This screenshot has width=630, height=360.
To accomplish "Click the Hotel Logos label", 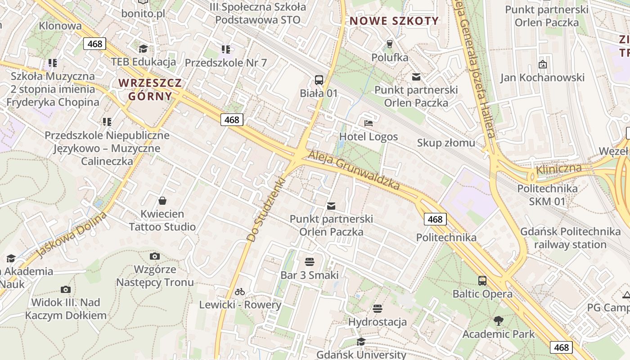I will tap(369, 137).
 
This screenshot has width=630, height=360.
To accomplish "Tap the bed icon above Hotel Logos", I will tap(369, 123).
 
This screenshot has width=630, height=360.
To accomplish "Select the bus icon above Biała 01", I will tap(319, 80).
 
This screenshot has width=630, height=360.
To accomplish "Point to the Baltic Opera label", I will tap(482, 294).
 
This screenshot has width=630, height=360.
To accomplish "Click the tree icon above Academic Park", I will tap(498, 321).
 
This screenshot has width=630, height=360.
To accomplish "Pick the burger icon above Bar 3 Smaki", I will tap(309, 261).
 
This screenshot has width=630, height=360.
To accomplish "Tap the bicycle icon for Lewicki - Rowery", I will tap(240, 292).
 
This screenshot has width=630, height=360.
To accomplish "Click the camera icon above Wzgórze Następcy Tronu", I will tap(155, 256).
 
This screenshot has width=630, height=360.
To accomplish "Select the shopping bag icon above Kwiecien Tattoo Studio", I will tap(162, 201).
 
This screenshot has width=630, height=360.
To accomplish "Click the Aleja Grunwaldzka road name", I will tap(354, 170).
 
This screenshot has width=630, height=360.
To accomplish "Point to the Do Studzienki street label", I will tap(266, 210).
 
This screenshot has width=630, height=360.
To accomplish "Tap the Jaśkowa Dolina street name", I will tap(72, 235).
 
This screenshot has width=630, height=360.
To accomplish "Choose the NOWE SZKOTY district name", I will tap(394, 21).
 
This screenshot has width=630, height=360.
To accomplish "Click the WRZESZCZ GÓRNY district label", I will tap(150, 90).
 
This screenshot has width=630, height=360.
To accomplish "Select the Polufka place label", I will tap(390, 58).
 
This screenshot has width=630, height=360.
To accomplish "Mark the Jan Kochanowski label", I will tap(542, 78).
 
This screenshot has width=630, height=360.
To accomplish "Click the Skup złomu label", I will tap(446, 143).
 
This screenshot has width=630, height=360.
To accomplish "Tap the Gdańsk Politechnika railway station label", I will tap(570, 238).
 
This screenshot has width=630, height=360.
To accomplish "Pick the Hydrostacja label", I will tap(378, 322).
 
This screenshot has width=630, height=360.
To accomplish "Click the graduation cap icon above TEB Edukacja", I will tap(143, 49).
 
